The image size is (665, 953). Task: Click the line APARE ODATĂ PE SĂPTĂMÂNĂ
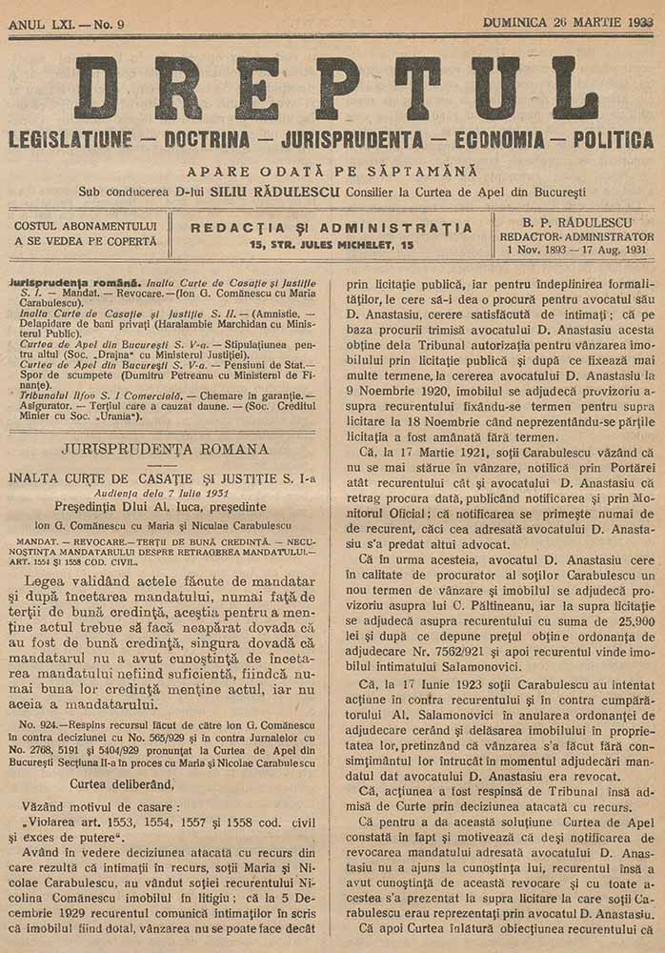pos(332,172)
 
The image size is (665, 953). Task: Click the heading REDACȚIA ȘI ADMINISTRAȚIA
pos(332,228)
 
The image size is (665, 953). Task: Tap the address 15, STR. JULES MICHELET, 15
pos(332,245)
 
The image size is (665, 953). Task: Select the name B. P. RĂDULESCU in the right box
pos(577,221)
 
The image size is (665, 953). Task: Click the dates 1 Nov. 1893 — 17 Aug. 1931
pos(576,250)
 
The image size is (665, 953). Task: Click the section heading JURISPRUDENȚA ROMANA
pos(163,449)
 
